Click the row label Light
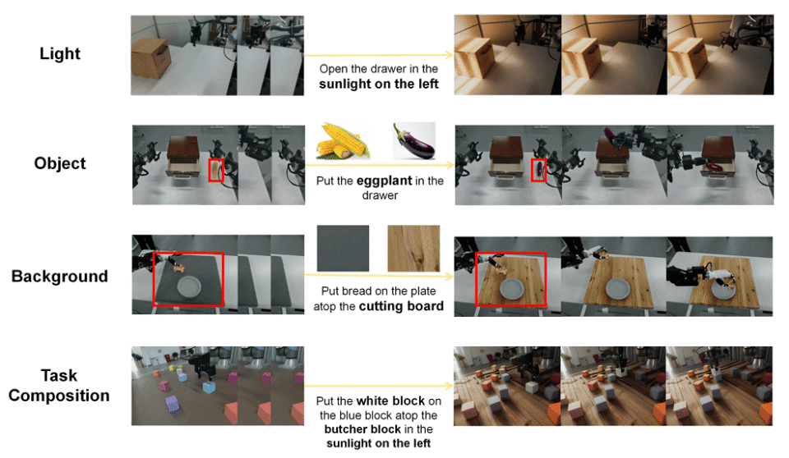60,54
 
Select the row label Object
60,163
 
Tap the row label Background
59,276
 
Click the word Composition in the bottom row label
59,396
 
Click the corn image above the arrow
343,141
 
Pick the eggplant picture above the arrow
413,141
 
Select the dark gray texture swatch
343,249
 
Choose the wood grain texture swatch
413,249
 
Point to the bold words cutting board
401,306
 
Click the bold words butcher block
362,429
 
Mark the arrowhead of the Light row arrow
450,55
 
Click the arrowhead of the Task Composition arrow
450,386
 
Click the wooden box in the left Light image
151,57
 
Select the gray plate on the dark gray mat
189,286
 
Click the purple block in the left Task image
172,404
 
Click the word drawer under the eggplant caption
380,195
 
